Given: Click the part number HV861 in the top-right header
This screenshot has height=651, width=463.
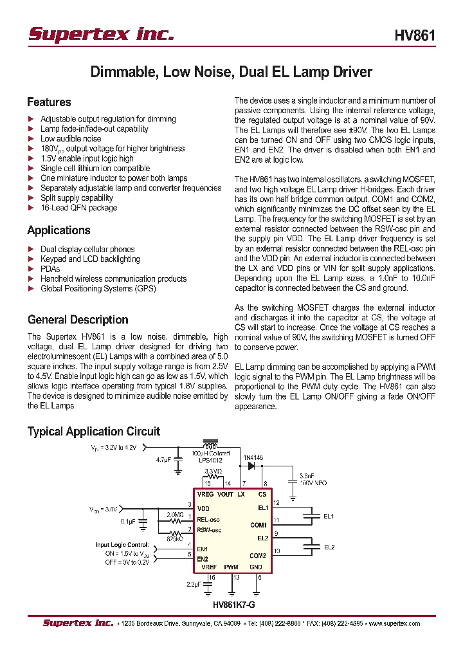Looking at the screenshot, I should pos(415,35).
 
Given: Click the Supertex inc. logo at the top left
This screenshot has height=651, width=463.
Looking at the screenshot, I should pos(101,34).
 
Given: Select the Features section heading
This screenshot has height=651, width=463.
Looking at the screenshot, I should pos(49,102).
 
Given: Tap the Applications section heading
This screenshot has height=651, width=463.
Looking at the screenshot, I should pos(59,230).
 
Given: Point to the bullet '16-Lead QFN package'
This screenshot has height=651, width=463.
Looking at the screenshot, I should pos(78,208).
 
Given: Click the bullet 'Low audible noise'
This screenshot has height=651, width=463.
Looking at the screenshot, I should pos(71,138).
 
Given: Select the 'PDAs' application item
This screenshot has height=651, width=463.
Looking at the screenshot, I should pos(50,269).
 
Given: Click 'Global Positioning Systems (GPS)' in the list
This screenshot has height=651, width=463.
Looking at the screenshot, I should pos(98,289).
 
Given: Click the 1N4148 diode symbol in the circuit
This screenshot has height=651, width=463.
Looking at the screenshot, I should pos(251,465).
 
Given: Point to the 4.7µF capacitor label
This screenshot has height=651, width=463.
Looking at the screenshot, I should pos(164,460).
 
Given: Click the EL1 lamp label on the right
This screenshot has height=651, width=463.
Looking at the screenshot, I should pos(329,516).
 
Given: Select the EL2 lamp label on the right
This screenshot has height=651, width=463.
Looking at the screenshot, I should pos(329,547).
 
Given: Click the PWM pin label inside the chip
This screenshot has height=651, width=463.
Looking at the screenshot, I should pos(231,567).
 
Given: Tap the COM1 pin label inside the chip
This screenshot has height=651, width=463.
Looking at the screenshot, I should pos(258,525).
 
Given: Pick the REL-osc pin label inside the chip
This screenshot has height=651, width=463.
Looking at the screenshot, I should pos(208,519).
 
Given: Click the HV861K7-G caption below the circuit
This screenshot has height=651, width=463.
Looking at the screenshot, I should pos(237,605).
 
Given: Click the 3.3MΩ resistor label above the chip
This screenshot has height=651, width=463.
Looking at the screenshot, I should pos(213,472).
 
